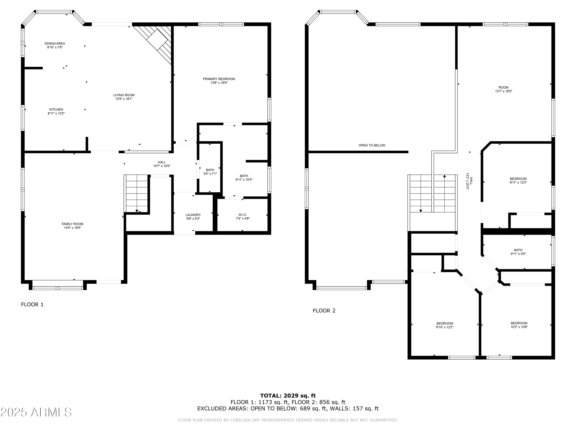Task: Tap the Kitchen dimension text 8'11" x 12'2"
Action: click(56, 113)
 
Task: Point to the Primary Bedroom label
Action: click(219, 79)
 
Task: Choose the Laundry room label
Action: click(193, 215)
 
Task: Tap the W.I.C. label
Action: click(242, 215)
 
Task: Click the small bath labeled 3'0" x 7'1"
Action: click(210, 172)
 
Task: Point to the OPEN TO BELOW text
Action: click(372, 146)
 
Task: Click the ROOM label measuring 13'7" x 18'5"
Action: click(503, 88)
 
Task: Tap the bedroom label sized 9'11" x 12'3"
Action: click(518, 181)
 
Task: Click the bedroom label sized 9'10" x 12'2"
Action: click(444, 325)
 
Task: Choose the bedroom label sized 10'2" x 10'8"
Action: click(519, 325)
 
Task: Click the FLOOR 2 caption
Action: click(324, 311)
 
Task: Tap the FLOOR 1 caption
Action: click(32, 304)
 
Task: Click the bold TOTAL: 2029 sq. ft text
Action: click(288, 396)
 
